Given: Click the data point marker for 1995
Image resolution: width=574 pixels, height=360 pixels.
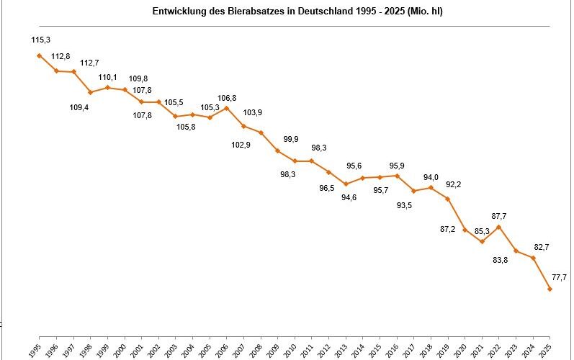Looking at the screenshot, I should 40,55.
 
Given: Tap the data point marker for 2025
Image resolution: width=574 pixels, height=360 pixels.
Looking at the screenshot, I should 550,289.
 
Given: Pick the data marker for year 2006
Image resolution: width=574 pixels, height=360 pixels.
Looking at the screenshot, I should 227,108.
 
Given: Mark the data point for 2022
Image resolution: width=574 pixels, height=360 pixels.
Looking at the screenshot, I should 499,227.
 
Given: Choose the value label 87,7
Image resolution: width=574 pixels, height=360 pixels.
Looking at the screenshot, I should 499,217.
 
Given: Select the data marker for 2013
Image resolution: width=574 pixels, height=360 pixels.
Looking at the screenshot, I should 346,184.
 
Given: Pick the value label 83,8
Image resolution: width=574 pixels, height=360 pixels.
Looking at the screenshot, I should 501,260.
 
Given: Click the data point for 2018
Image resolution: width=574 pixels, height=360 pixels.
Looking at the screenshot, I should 431,187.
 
